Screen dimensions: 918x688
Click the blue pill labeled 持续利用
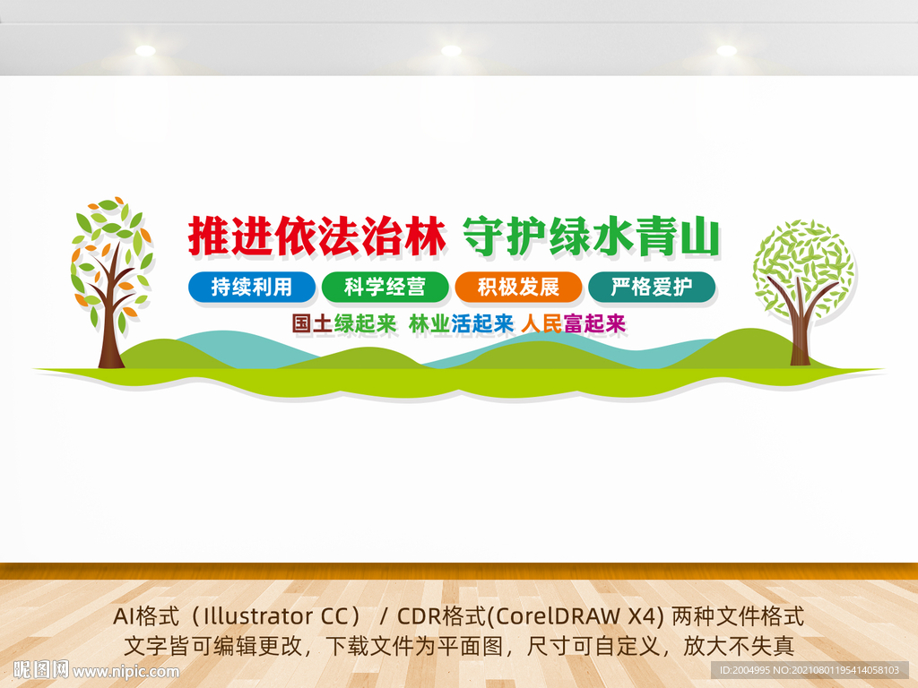(252, 287)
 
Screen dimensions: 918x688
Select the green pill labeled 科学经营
(385, 287)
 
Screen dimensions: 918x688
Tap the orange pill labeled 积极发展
(519, 287)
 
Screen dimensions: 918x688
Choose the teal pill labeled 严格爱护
(652, 287)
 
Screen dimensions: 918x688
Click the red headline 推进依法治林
(316, 236)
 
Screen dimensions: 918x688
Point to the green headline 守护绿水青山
(592, 236)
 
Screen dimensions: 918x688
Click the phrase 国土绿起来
(344, 323)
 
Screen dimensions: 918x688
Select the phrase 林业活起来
(461, 323)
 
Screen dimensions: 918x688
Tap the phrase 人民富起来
(573, 323)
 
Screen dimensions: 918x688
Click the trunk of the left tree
(110, 328)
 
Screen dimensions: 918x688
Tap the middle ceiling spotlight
(451, 50)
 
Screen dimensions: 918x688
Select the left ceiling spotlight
(145, 50)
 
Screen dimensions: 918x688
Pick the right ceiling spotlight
(726, 50)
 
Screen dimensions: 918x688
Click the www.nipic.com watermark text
(126, 672)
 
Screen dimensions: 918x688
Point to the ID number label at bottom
(809, 670)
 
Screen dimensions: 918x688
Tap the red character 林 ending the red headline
(425, 236)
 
